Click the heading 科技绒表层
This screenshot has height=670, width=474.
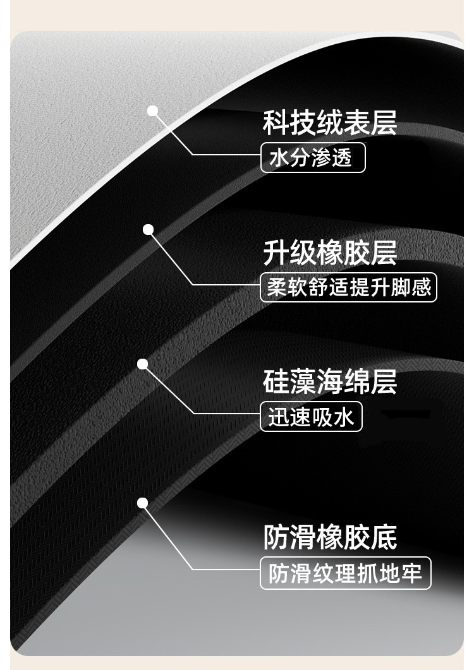[330, 123]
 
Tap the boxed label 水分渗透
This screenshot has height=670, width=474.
[313, 159]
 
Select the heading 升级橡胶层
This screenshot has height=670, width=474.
[330, 253]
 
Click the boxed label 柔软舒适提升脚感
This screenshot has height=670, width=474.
[349, 288]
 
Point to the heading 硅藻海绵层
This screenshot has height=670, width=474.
[330, 383]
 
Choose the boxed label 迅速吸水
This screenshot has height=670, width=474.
[311, 417]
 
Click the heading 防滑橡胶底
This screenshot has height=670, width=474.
[330, 538]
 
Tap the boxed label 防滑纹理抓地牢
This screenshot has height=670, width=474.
[346, 574]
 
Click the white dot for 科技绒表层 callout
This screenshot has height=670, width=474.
[152, 111]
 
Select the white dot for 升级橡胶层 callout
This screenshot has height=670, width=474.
[149, 230]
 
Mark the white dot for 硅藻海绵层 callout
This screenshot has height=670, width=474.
[143, 364]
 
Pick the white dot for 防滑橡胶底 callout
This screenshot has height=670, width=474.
[143, 503]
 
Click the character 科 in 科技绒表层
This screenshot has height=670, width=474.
[276, 123]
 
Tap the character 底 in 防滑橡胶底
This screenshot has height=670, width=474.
[384, 538]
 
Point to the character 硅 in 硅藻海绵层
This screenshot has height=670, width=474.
[276, 383]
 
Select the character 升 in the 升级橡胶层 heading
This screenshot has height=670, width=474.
[276, 253]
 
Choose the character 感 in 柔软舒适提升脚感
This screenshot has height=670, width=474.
[421, 288]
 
